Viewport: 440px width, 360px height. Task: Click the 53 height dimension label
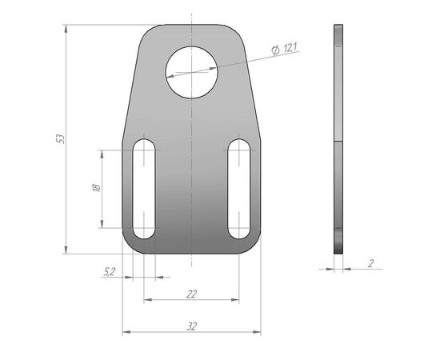tap(61, 139)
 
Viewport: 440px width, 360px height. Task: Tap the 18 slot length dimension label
tap(96, 187)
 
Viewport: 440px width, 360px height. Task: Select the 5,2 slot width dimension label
tap(110, 271)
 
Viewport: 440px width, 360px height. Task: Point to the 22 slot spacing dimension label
tap(192, 294)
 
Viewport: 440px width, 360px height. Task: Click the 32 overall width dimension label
tap(192, 326)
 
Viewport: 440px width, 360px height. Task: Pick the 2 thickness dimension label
tap(371, 263)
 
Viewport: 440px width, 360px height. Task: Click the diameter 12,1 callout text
tap(284, 49)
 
